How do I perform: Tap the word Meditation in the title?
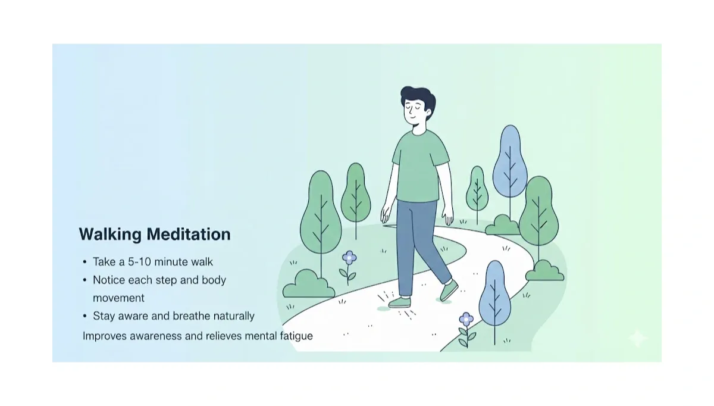tap(189, 234)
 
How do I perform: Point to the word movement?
tap(118, 298)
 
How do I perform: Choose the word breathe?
tap(192, 316)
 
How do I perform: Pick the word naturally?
tap(234, 316)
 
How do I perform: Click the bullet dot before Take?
tap(84, 262)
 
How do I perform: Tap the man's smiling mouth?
tap(412, 123)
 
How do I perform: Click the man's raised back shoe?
tap(449, 291)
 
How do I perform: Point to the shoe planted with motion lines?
tap(399, 302)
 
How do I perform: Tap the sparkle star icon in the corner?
tap(637, 338)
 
